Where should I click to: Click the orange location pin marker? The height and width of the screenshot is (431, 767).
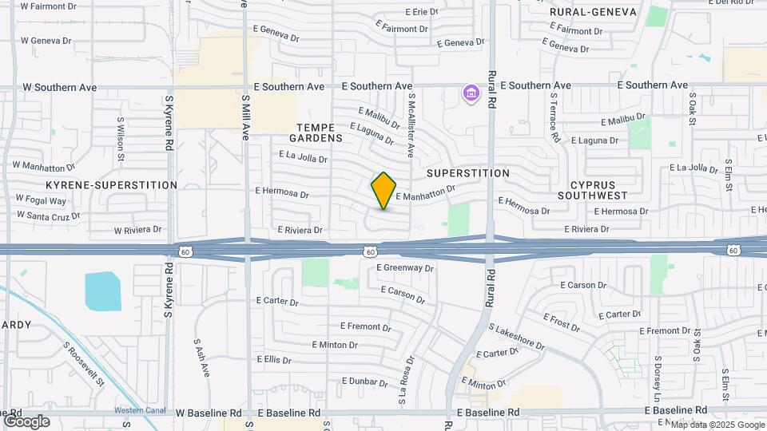pyautogui.click(x=383, y=190)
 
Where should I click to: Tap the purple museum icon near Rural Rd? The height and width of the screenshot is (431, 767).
pyautogui.click(x=471, y=95)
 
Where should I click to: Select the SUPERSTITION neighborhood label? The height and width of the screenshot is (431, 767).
pyautogui.click(x=468, y=173)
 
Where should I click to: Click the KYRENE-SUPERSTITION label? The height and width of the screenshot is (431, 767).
pyautogui.click(x=112, y=185)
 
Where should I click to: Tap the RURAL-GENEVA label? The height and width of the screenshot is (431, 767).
pyautogui.click(x=593, y=12)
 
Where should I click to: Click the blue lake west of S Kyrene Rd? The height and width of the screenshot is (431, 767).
pyautogui.click(x=102, y=291)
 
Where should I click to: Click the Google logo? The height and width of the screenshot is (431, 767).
pyautogui.click(x=26, y=421)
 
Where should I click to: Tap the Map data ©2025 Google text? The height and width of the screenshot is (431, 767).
pyautogui.click(x=717, y=425)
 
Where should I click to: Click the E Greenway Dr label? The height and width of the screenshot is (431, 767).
pyautogui.click(x=404, y=268)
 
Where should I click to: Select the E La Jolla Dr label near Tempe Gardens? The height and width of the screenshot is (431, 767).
pyautogui.click(x=304, y=157)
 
